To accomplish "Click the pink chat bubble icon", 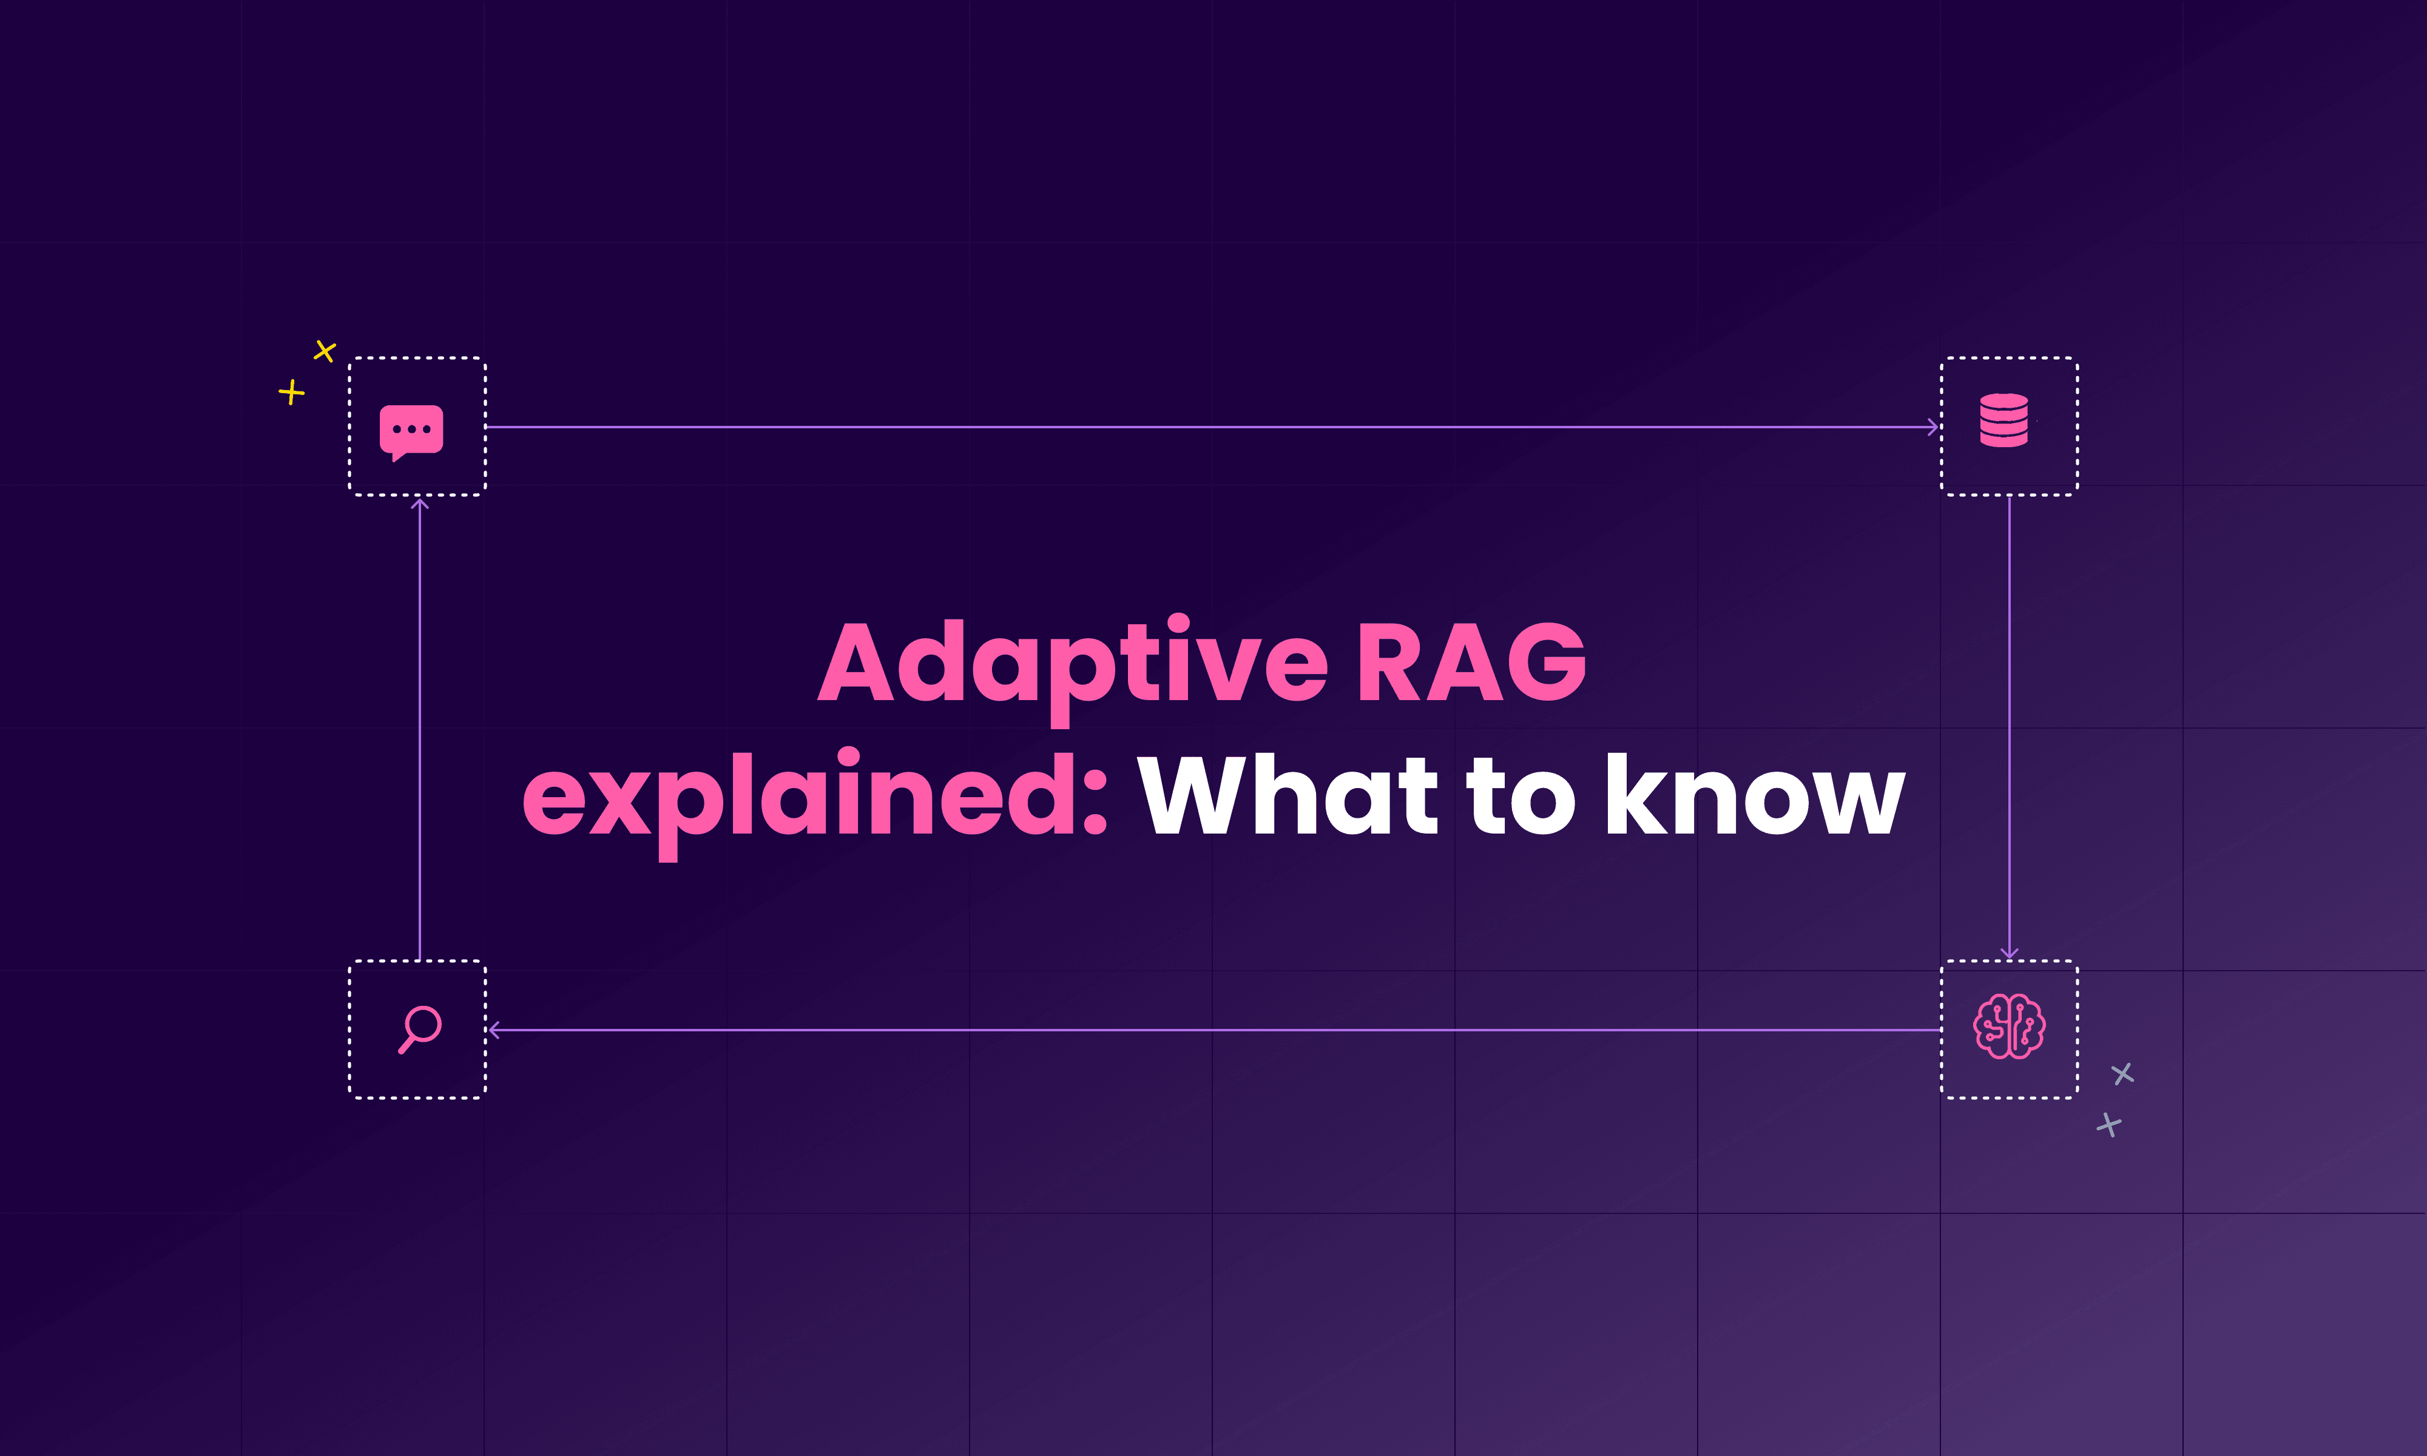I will point(411,431).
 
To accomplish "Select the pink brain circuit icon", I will point(2009,1026).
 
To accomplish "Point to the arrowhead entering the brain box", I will point(2009,952).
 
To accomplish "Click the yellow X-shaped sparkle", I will point(325,350).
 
